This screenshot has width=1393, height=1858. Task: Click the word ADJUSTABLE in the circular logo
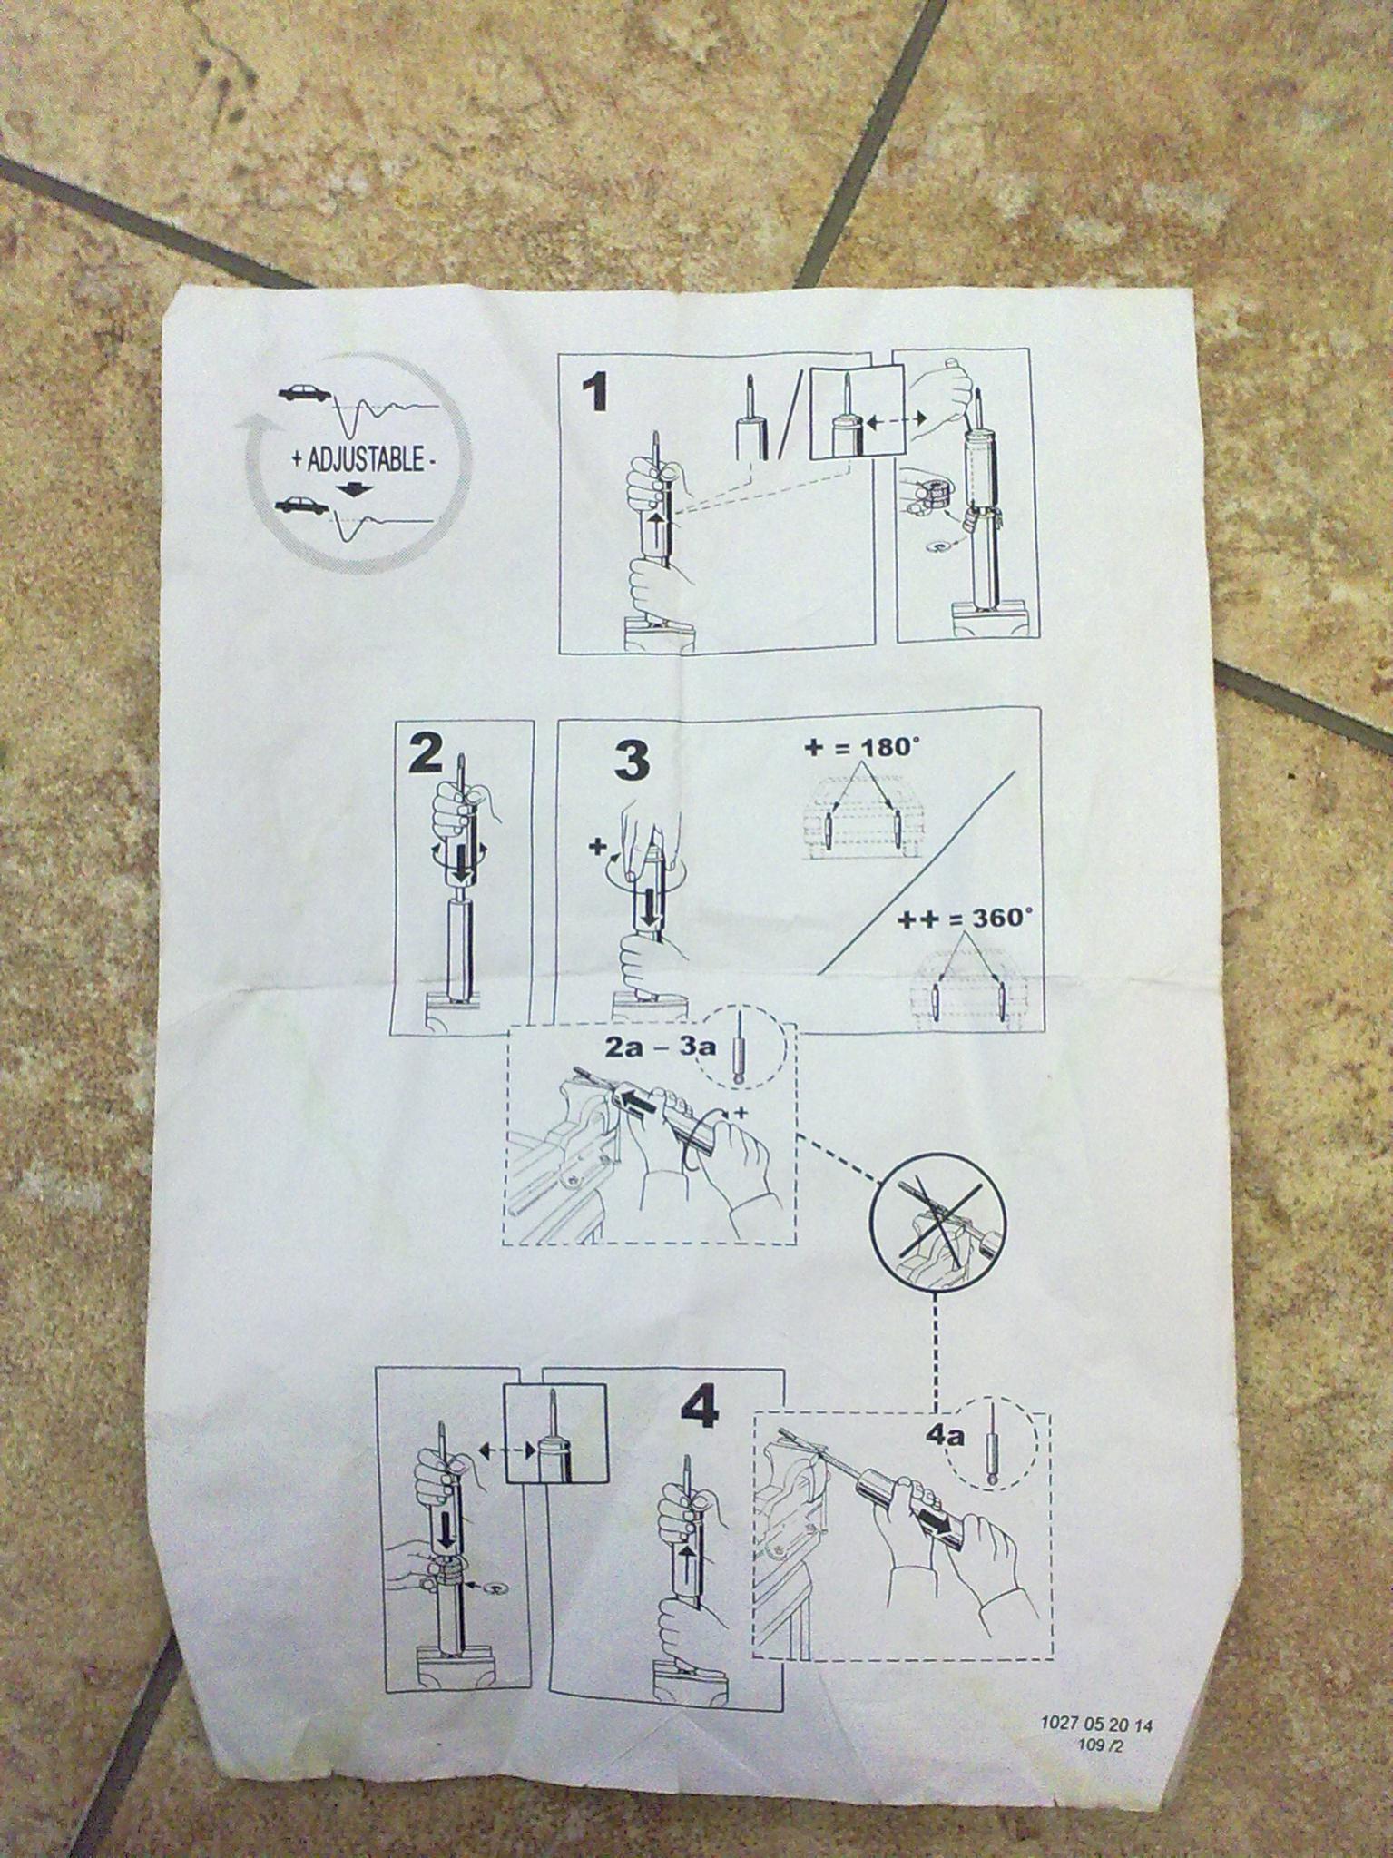(x=366, y=460)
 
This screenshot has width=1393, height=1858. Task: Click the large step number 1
(x=594, y=395)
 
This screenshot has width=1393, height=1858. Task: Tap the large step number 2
(x=427, y=752)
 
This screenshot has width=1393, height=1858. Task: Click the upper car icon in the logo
(x=306, y=393)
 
